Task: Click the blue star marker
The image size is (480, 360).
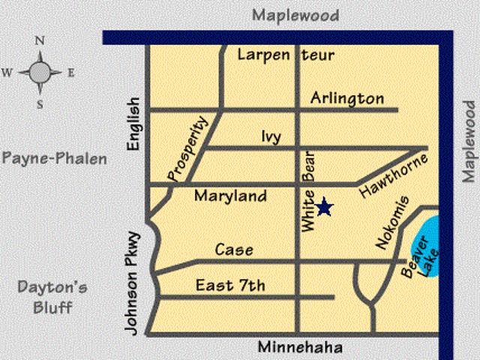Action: [324, 207]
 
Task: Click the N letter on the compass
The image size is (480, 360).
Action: [40, 40]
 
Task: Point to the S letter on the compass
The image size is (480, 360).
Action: [40, 104]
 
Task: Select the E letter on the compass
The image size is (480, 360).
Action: [71, 73]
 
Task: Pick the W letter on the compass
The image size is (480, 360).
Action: [7, 73]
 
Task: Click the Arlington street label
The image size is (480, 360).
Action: [346, 98]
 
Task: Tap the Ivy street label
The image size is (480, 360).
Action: [271, 136]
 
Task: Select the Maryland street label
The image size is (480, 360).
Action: [230, 196]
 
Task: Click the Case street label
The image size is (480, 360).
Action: [234, 250]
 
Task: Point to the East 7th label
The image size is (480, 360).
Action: [230, 285]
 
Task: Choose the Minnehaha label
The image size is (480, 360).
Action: [300, 348]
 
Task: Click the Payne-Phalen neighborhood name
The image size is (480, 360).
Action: [54, 158]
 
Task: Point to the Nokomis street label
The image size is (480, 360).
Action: [391, 222]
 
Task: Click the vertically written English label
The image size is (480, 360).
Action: [134, 124]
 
